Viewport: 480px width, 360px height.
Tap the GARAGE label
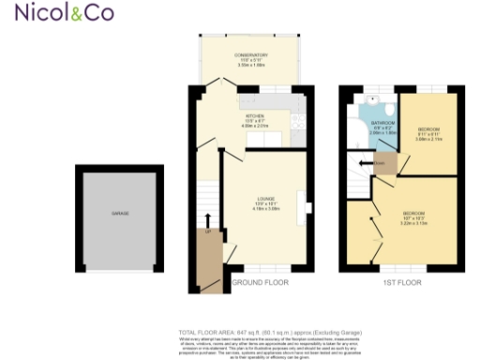pyautogui.click(x=120, y=215)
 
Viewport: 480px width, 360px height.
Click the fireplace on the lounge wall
pyautogui.click(x=301, y=203)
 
